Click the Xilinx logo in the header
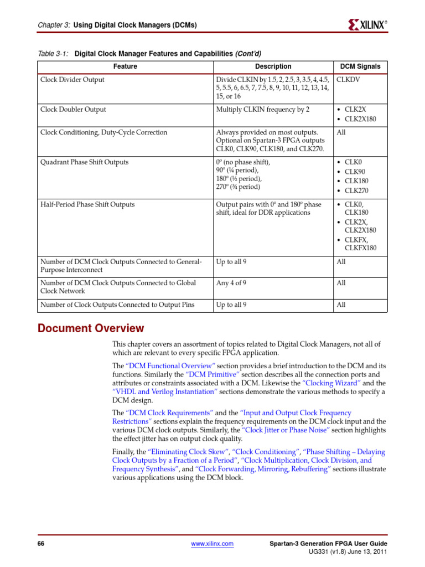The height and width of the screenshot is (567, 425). pyautogui.click(x=367, y=24)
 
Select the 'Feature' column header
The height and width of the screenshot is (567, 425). pyautogui.click(x=125, y=66)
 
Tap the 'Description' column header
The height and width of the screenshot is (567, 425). pyautogui.click(x=273, y=66)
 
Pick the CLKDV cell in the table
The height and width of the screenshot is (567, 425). pyautogui.click(x=348, y=80)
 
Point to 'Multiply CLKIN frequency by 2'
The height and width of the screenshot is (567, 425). pyautogui.click(x=263, y=110)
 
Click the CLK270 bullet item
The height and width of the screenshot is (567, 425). pyautogui.click(x=358, y=190)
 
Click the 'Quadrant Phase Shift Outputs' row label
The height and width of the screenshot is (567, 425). pyautogui.click(x=84, y=162)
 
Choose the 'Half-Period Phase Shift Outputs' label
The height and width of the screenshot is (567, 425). pyautogui.click(x=87, y=204)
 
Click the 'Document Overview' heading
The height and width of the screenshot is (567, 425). pyautogui.click(x=91, y=328)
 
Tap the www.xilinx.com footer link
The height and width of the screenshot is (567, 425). pyautogui.click(x=212, y=544)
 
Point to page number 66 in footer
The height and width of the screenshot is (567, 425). pyautogui.click(x=41, y=544)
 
